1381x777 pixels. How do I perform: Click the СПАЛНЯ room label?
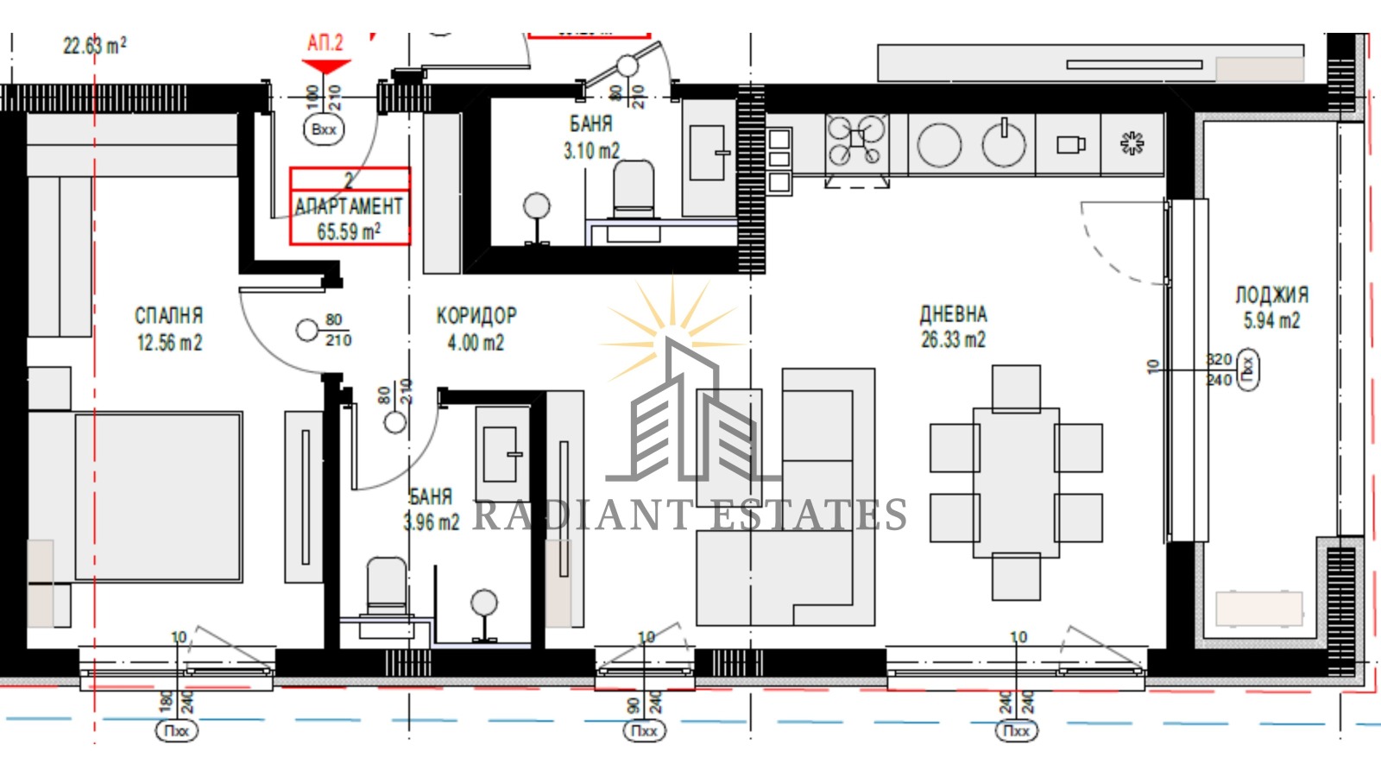(168, 316)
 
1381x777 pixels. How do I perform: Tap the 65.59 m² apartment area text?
(349, 231)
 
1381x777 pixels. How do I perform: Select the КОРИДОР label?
(476, 316)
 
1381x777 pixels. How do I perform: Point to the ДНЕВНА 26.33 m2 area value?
(953, 340)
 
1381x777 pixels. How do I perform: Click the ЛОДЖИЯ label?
(1271, 295)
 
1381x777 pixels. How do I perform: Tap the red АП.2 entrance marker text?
(325, 43)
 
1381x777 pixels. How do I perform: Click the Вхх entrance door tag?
(324, 129)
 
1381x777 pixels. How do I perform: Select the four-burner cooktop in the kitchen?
(856, 141)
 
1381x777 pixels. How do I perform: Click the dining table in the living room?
(1016, 482)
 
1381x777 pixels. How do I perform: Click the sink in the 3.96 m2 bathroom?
(500, 454)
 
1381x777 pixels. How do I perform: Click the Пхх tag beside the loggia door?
(1248, 370)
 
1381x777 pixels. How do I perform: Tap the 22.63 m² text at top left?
(95, 45)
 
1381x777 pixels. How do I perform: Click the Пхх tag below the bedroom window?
(176, 730)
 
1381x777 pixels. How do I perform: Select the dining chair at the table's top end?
(1016, 388)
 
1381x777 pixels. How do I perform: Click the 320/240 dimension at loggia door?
(1219, 370)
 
